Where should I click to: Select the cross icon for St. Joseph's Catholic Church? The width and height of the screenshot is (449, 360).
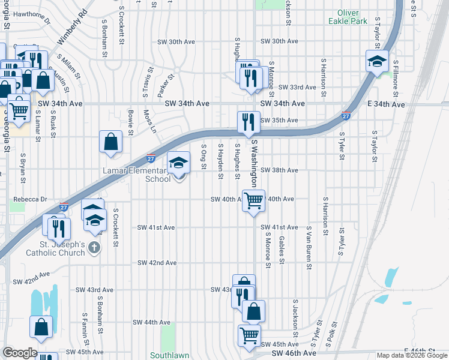click(94, 247)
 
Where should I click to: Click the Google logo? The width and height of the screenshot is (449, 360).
click(19, 353)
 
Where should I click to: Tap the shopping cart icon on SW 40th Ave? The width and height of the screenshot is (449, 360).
click(254, 200)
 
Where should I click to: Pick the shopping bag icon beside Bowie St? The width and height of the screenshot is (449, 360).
click(111, 142)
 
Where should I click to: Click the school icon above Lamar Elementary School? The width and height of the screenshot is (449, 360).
click(178, 163)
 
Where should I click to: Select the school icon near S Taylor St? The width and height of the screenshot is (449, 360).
click(377, 62)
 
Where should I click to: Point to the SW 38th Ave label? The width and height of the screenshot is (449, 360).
click(279, 170)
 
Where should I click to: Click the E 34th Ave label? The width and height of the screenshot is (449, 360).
click(386, 104)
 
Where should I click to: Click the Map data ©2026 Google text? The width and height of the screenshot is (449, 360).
click(411, 355)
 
